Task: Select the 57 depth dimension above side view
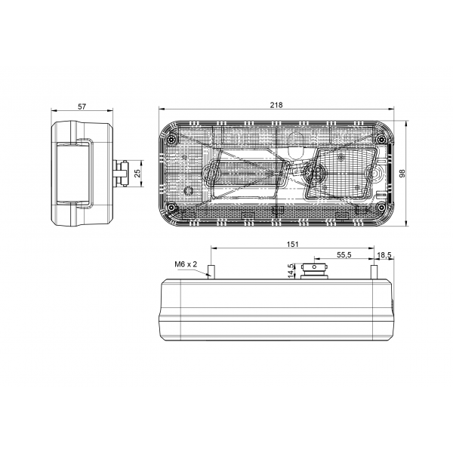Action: tap(82, 106)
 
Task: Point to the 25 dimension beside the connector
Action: tap(137, 173)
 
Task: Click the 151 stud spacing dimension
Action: tap(292, 244)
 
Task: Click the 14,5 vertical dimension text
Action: tap(291, 270)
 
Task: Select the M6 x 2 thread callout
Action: tap(185, 264)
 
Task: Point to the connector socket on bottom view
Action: tap(313, 270)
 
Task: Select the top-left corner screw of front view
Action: tap(173, 140)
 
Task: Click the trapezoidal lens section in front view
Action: tap(344, 172)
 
